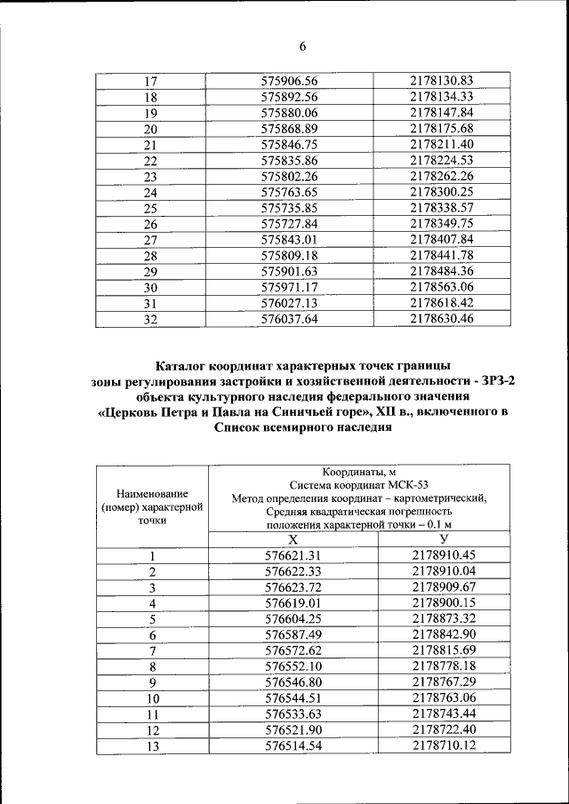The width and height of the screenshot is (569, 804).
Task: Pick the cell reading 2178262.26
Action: pyautogui.click(x=441, y=176)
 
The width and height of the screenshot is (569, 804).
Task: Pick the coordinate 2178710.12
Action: pyautogui.click(x=444, y=745)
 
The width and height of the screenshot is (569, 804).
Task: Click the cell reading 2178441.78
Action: pyautogui.click(x=441, y=255)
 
